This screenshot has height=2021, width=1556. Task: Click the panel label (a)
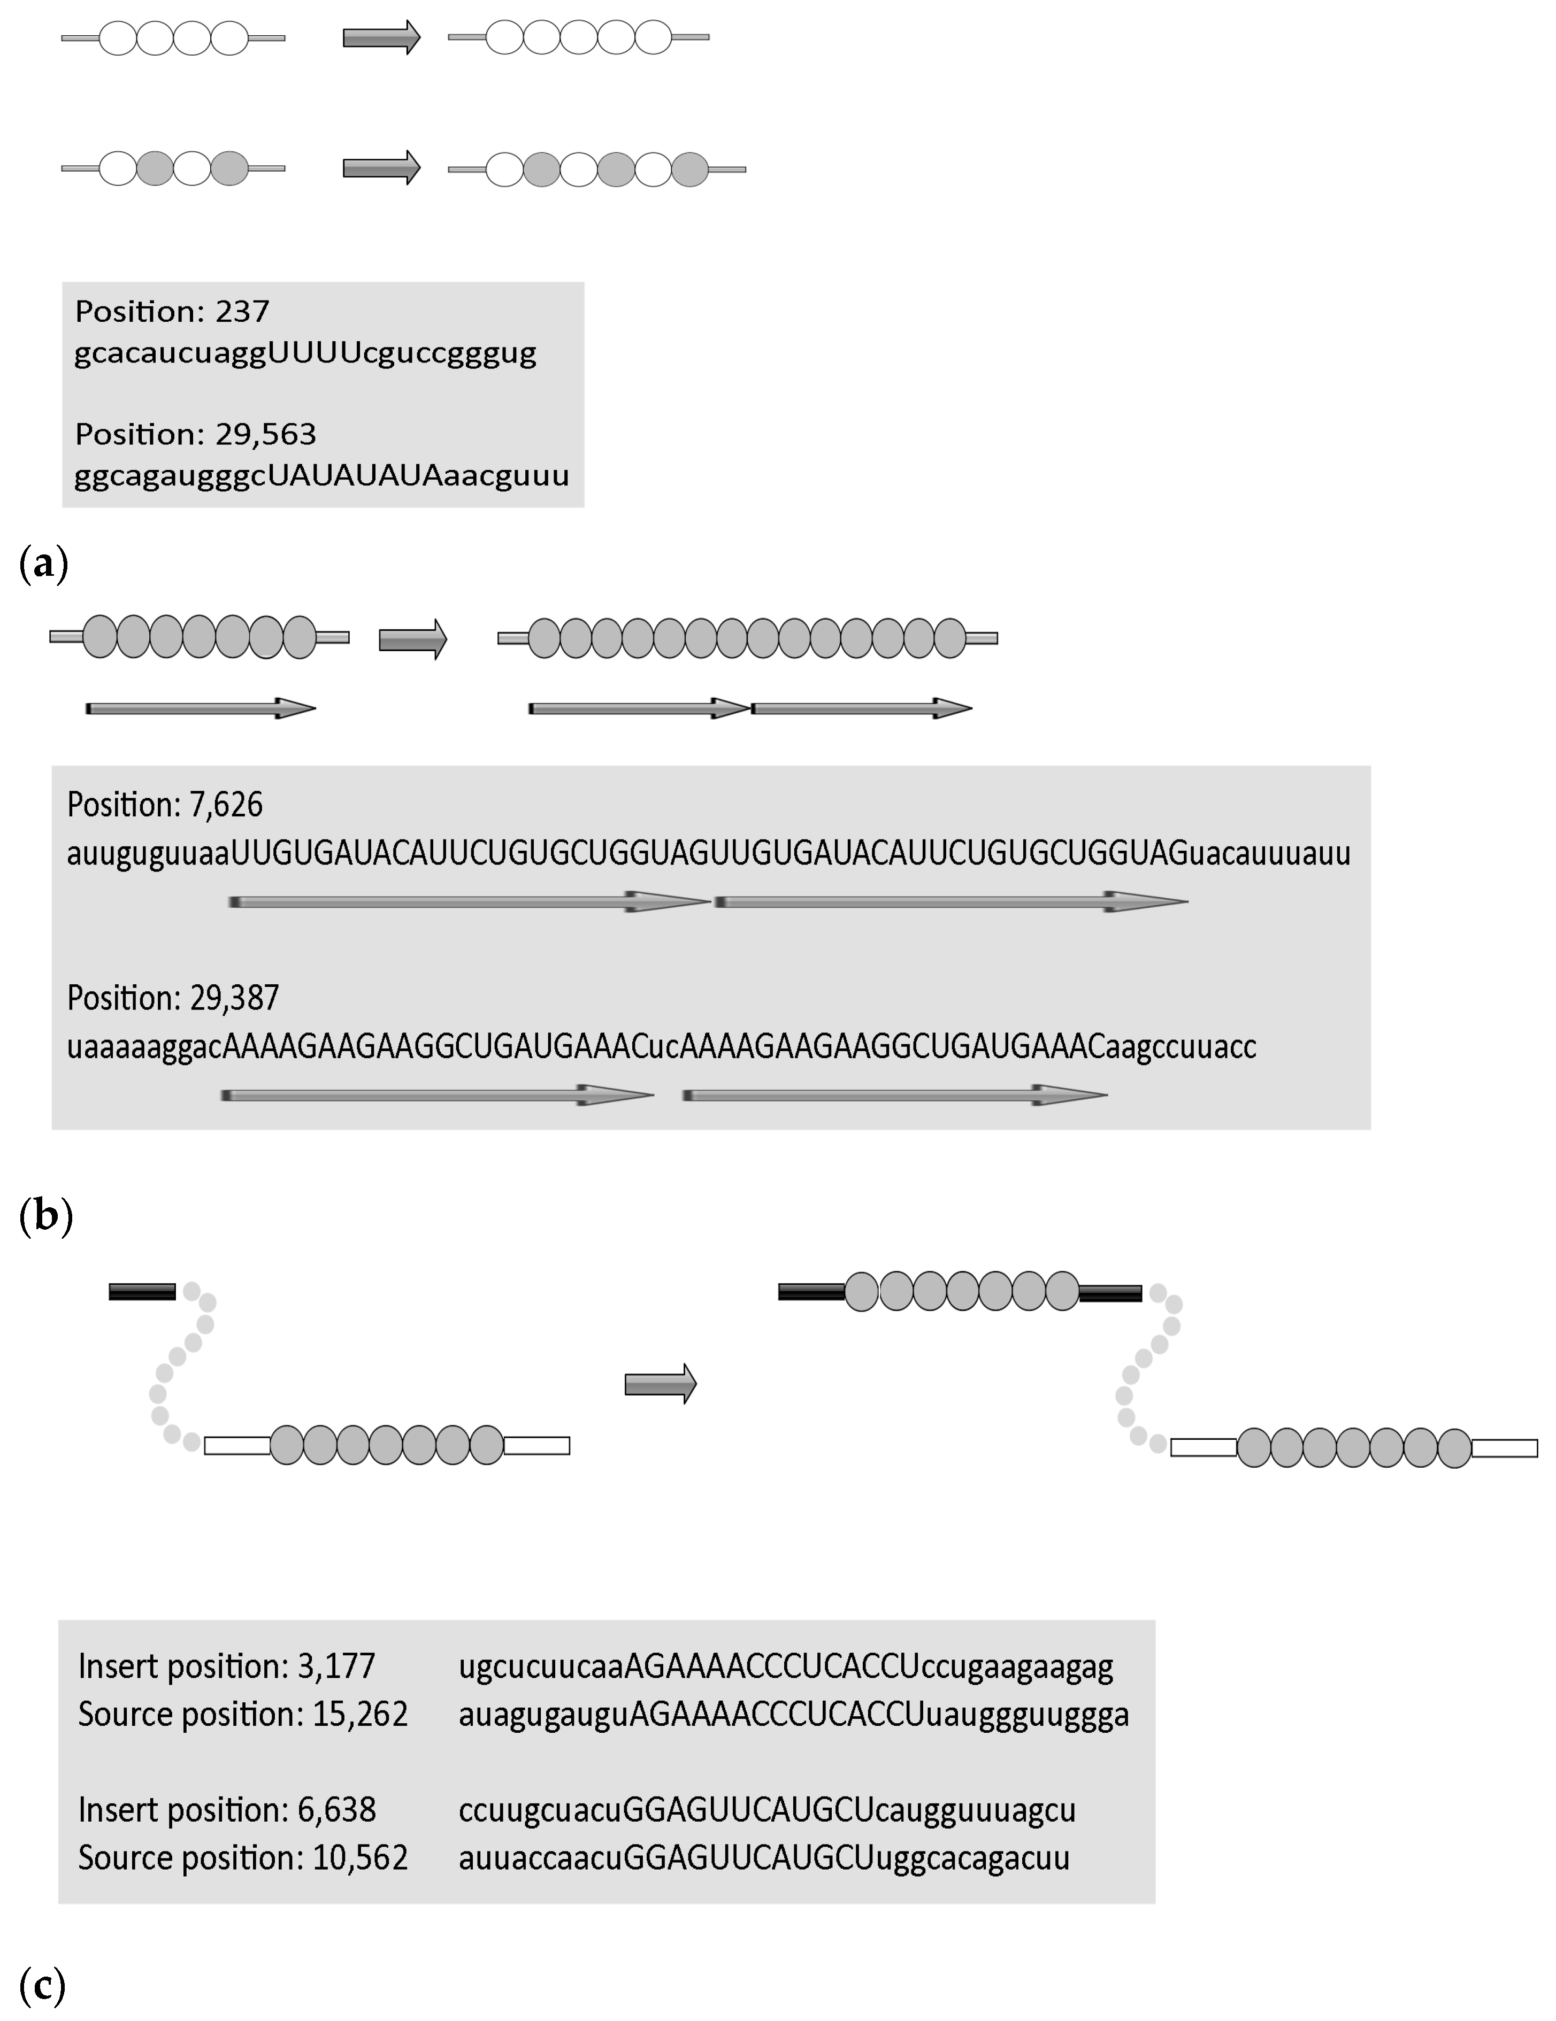[43, 562]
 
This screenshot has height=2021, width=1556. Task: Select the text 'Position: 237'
[172, 311]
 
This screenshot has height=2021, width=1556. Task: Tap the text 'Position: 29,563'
[195, 434]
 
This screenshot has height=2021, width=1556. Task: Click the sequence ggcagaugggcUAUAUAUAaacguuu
[321, 476]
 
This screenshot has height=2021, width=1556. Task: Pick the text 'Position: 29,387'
[173, 998]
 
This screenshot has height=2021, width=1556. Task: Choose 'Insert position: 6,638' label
[227, 1809]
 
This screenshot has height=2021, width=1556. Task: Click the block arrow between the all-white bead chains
[381, 38]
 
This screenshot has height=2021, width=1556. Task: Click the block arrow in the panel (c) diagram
[660, 1384]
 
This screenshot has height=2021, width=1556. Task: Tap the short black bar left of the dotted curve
[142, 1292]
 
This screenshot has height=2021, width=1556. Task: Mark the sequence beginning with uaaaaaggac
[661, 1047]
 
